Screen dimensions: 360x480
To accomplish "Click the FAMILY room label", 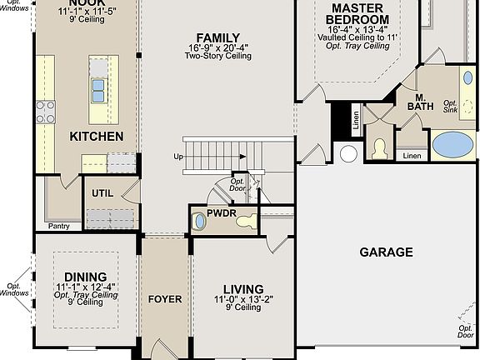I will pyautogui.click(x=217, y=37).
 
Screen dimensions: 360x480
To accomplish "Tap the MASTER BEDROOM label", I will pyautogui.click(x=356, y=13).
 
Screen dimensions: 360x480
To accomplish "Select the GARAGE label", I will pyautogui.click(x=386, y=252).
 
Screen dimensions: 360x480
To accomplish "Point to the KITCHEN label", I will pyautogui.click(x=97, y=136).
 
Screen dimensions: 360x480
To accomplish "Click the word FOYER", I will pyautogui.click(x=165, y=299).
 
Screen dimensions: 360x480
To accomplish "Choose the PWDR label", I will pyautogui.click(x=222, y=213).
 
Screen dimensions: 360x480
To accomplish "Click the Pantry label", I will pyautogui.click(x=59, y=225).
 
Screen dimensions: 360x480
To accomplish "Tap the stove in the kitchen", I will pyautogui.click(x=45, y=112).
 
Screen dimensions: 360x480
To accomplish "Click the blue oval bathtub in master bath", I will pyautogui.click(x=453, y=144).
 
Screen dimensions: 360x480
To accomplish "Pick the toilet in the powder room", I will pyautogui.click(x=199, y=222).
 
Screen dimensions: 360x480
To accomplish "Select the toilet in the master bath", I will pyautogui.click(x=379, y=148).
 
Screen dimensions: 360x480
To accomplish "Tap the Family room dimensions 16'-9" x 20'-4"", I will pyautogui.click(x=217, y=47).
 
